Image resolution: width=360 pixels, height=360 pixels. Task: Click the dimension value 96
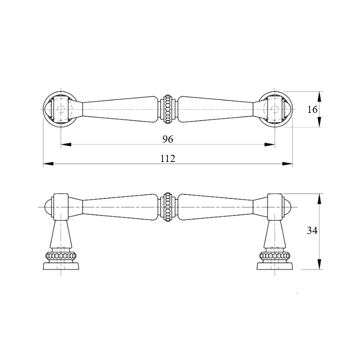[167, 139]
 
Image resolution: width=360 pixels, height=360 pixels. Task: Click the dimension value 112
[167, 159]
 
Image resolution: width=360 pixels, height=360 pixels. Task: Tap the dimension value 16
[312, 109]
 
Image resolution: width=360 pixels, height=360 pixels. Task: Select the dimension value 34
[312, 230]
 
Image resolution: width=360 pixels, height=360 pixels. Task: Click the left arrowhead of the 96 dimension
[66, 144]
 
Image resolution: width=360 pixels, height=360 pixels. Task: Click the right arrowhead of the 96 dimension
[270, 144]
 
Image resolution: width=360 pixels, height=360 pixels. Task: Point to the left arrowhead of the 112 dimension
[48, 164]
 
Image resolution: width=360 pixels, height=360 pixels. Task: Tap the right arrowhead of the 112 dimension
[288, 164]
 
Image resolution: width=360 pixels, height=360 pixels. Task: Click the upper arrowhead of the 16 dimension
[319, 97]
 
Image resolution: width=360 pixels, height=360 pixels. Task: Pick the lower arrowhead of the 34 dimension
[319, 264]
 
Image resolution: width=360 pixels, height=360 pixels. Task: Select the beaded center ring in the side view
[168, 207]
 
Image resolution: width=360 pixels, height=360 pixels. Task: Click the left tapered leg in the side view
[61, 234]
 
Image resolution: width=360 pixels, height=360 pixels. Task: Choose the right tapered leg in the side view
[275, 234]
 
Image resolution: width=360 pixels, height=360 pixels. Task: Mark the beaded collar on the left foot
[61, 255]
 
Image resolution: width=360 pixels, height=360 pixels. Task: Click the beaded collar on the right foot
[275, 255]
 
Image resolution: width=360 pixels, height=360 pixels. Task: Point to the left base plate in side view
[61, 266]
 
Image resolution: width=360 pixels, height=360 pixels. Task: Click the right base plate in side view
[275, 266]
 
